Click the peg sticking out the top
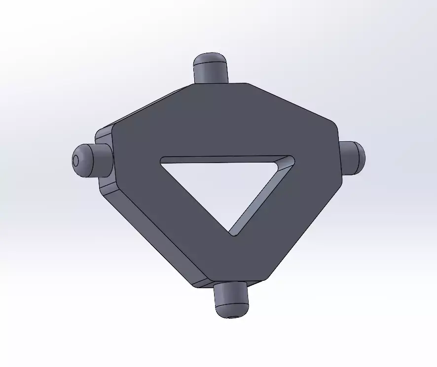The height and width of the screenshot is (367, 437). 210,68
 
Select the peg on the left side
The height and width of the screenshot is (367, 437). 91,160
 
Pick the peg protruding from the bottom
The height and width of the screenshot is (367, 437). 231,299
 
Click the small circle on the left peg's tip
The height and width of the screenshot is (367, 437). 76,161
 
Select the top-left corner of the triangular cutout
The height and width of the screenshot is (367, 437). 163,160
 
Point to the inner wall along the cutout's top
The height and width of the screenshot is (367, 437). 222,159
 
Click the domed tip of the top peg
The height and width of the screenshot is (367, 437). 210,59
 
